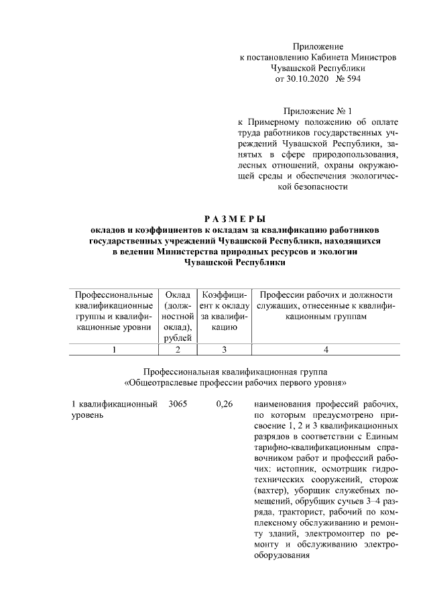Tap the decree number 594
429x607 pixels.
pyautogui.click(x=351, y=79)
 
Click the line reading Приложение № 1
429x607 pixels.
pyautogui.click(x=318, y=111)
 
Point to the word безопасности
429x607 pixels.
pyautogui.click(x=318, y=186)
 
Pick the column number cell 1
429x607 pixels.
pyautogui.click(x=114, y=349)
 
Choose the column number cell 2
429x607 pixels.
pyautogui.click(x=178, y=349)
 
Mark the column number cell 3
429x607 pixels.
pyautogui.click(x=225, y=349)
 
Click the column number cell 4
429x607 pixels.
pyautogui.click(x=326, y=349)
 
